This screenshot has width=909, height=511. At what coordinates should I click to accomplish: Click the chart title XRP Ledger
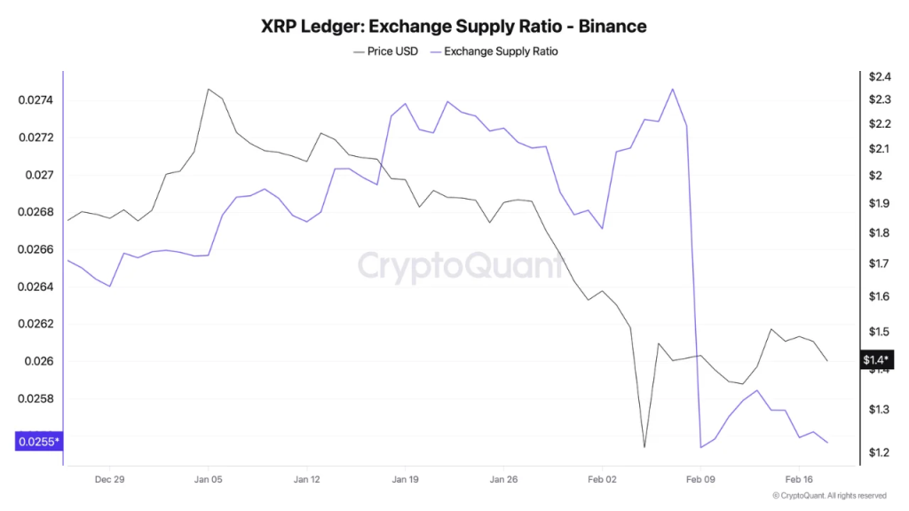(x=454, y=26)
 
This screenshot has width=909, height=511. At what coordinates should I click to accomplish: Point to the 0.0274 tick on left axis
(x=36, y=100)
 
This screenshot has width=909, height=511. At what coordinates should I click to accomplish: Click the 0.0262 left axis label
(x=36, y=324)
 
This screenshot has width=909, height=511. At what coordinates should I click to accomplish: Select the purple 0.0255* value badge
(x=38, y=441)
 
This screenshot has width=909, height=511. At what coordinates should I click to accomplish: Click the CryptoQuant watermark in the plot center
(x=460, y=265)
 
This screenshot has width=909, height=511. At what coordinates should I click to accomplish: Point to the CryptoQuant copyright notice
(x=829, y=496)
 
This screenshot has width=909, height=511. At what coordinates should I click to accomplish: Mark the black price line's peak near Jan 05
(x=208, y=89)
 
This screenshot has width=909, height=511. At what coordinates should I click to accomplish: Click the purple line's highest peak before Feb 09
(x=672, y=89)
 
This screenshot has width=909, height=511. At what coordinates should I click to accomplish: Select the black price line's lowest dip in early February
(x=644, y=447)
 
